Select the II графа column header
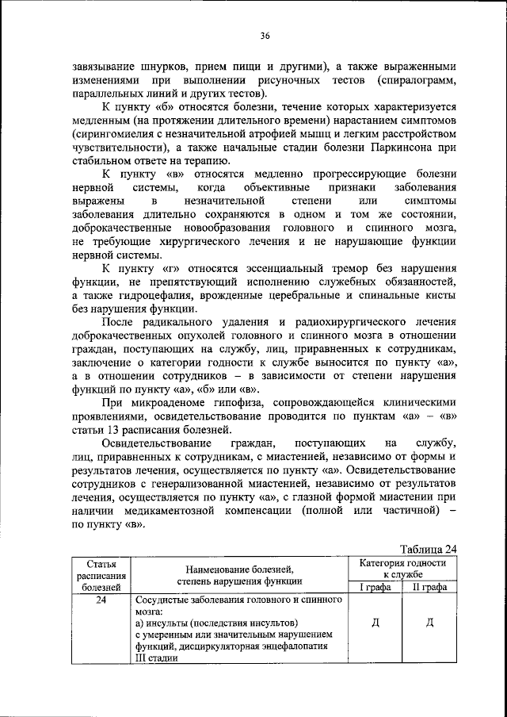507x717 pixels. click(429, 587)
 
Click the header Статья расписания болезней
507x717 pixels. click(101, 574)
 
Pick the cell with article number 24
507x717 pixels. click(101, 600)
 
